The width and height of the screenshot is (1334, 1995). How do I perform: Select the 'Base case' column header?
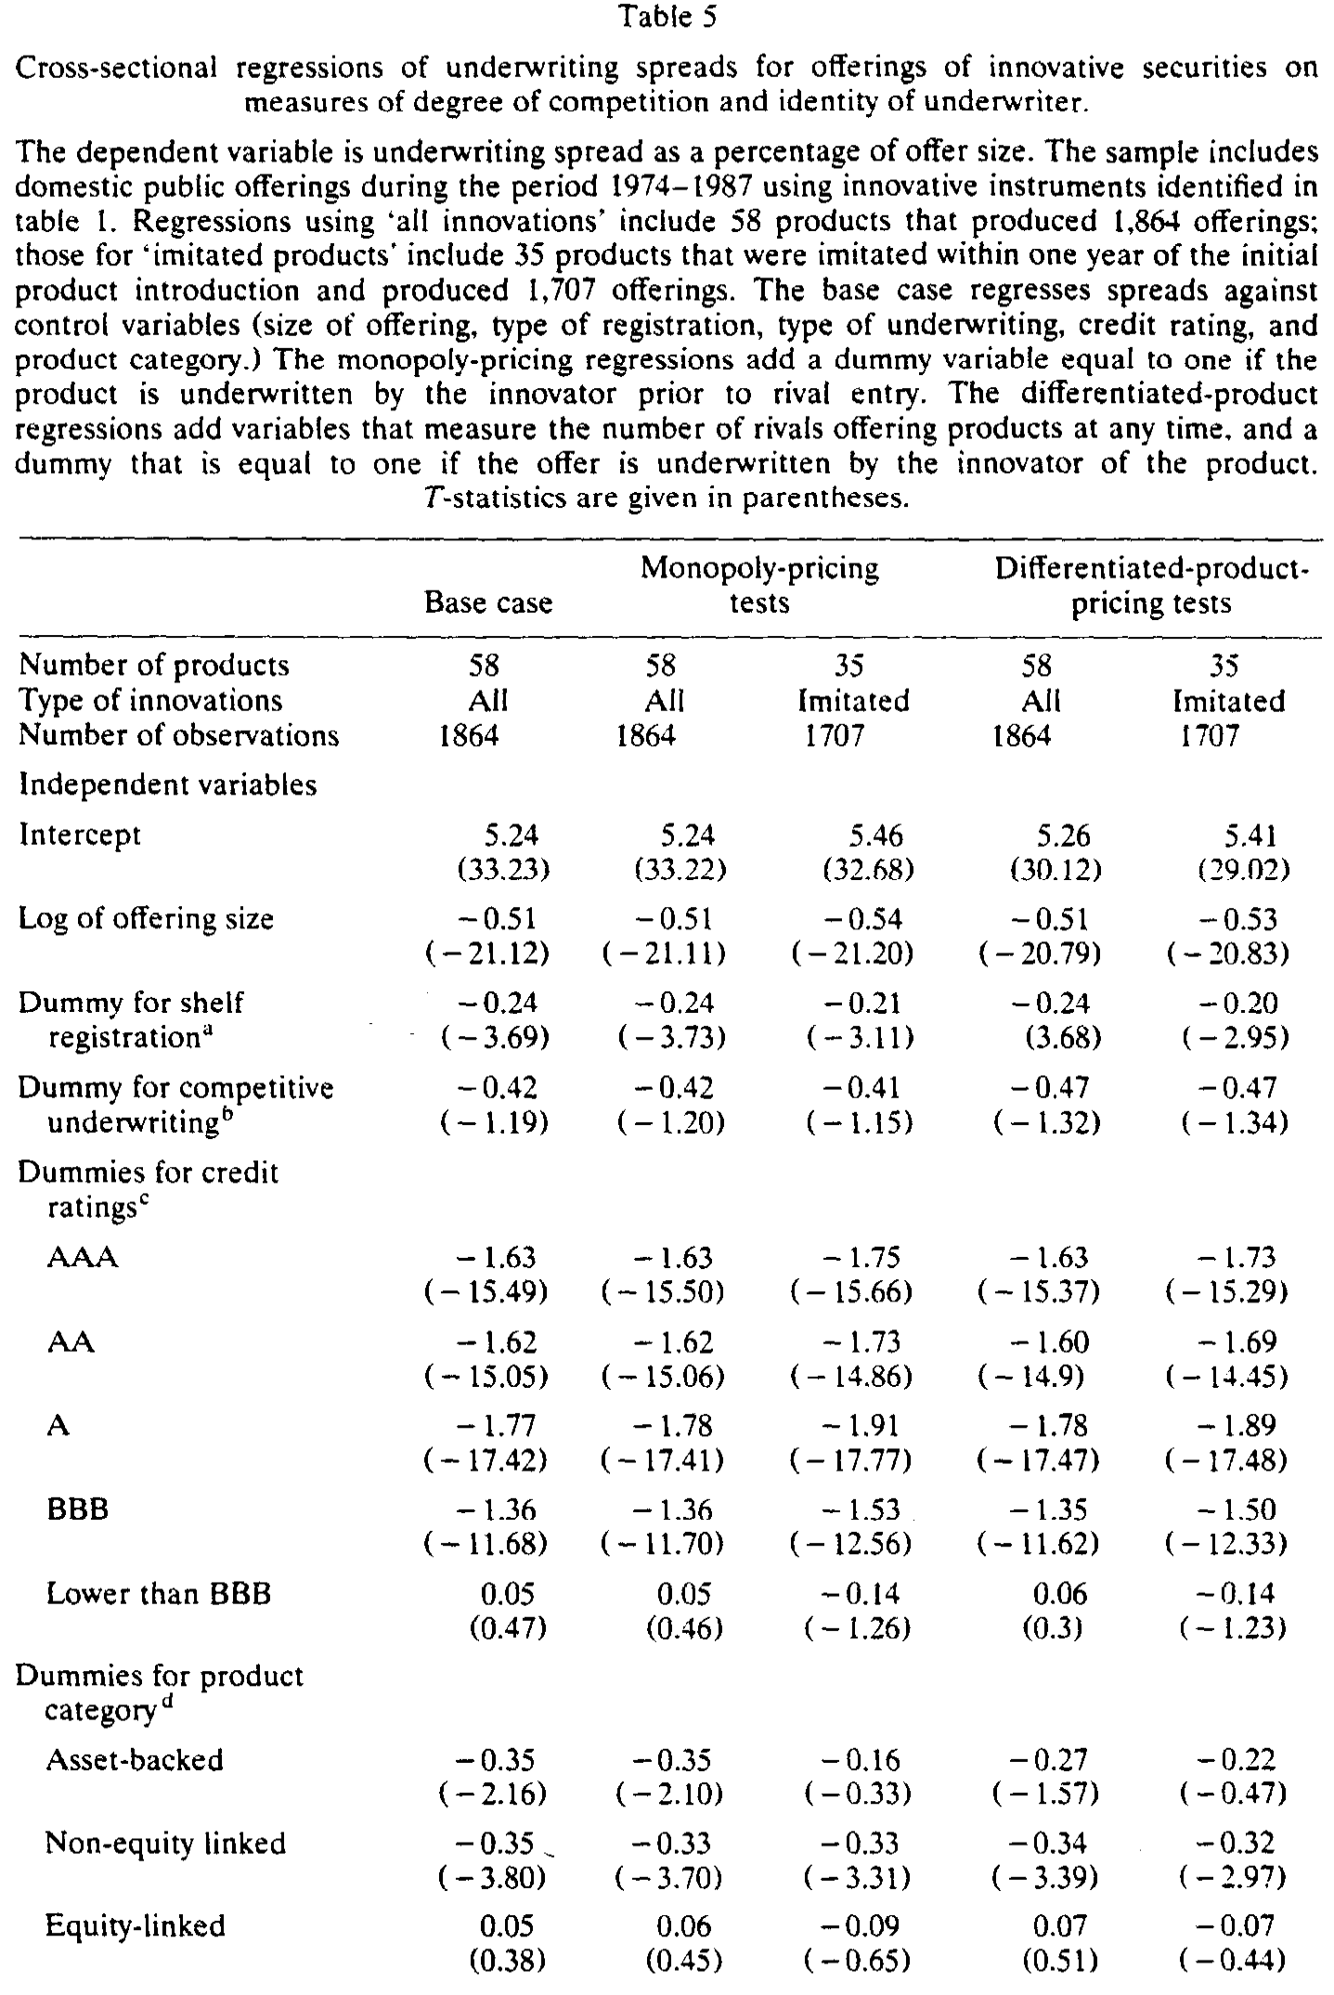488,602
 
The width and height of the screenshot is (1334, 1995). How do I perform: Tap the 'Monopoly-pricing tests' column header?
759,585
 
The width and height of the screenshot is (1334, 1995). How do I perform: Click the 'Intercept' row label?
80,835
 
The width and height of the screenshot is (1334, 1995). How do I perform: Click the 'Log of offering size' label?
147,919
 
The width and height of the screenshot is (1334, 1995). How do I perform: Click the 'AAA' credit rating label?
83,1258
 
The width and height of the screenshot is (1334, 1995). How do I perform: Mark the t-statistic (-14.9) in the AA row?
1030,1376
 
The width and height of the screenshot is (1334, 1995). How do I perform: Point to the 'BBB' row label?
78,1509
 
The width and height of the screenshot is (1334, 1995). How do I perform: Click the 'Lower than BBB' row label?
159,1594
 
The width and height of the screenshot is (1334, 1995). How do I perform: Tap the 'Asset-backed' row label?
135,1761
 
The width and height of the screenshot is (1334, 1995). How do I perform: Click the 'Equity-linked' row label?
136,1927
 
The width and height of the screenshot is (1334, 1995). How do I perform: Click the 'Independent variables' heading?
168,785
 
